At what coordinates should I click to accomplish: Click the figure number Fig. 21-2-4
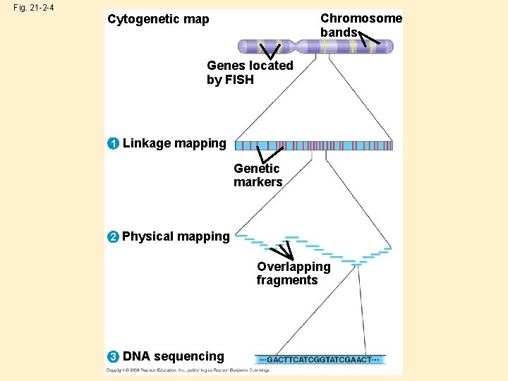(33, 8)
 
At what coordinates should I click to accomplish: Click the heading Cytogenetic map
(158, 19)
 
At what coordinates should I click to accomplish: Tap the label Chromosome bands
(361, 25)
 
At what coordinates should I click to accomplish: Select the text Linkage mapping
(174, 143)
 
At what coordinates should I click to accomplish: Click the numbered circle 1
(113, 144)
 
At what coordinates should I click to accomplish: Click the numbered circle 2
(113, 236)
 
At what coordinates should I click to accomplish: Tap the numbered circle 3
(113, 357)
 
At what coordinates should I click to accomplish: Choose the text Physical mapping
(176, 236)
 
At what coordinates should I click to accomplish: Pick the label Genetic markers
(258, 175)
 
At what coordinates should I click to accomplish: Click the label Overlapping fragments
(293, 273)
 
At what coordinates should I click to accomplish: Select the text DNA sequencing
(174, 357)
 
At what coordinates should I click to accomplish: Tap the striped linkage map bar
(313, 145)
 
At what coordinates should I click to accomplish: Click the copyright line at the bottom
(187, 370)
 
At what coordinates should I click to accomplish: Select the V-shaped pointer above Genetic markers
(268, 153)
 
